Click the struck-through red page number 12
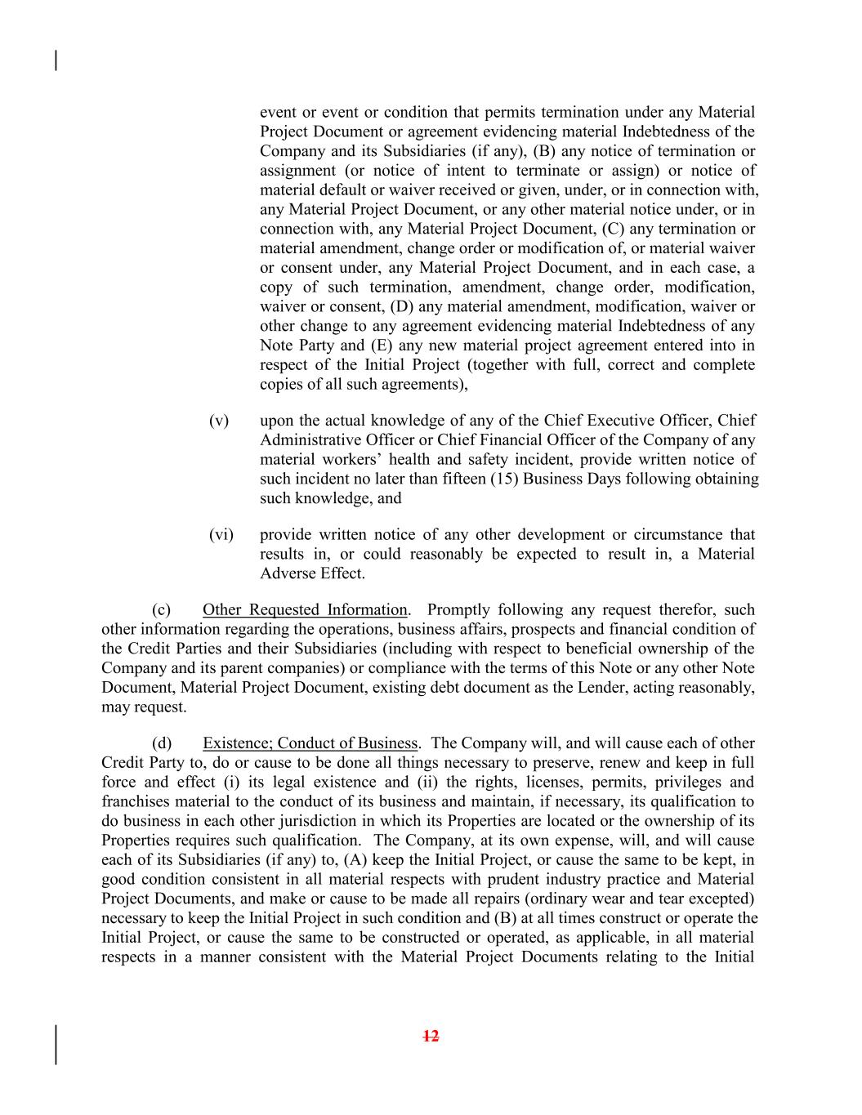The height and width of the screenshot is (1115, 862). [431, 1037]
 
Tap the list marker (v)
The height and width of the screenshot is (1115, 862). [219, 421]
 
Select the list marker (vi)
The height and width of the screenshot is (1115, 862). [221, 535]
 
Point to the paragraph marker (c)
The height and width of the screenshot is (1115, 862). [161, 610]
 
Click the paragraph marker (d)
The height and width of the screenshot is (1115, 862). [162, 743]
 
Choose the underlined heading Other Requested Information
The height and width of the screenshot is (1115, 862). [304, 610]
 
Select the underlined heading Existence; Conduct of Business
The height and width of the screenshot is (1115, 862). [310, 743]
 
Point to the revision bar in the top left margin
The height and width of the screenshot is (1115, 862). [56, 60]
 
